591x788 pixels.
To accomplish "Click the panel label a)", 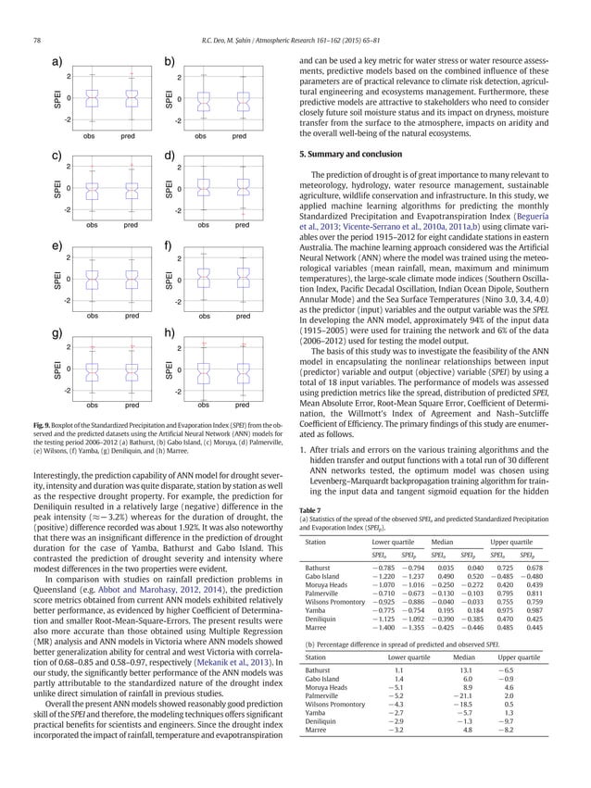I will click(x=57, y=62).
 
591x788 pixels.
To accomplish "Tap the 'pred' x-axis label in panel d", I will click(x=241, y=225).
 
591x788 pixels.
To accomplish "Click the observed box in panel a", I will click(x=90, y=97).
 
